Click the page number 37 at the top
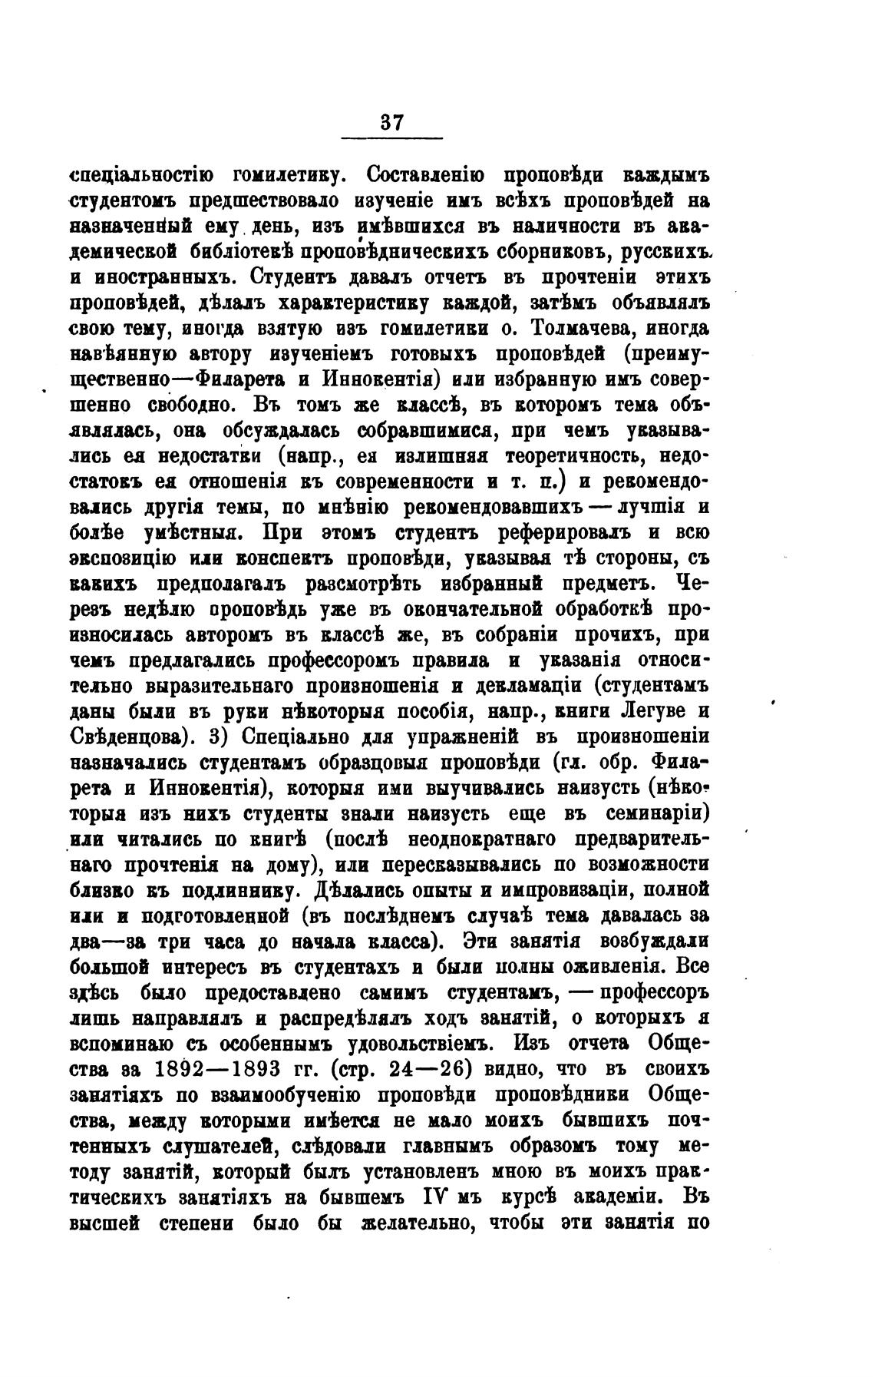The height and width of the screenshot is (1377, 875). tap(391, 124)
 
